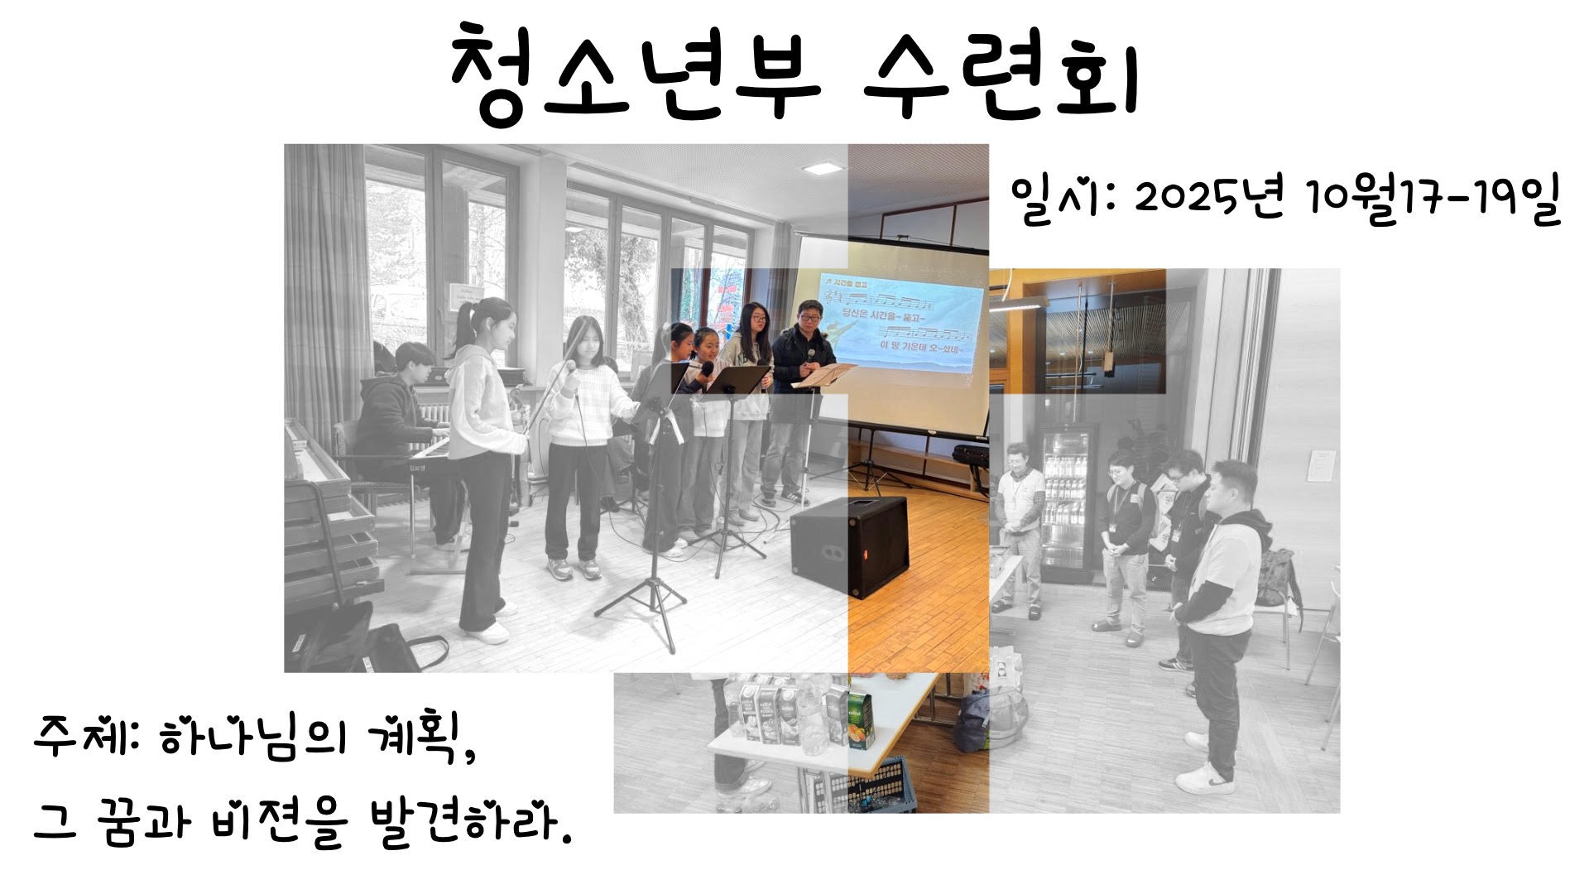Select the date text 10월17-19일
click(1432, 201)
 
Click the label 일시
click(1051, 201)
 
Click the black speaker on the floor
click(849, 547)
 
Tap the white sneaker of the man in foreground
click(1204, 778)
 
